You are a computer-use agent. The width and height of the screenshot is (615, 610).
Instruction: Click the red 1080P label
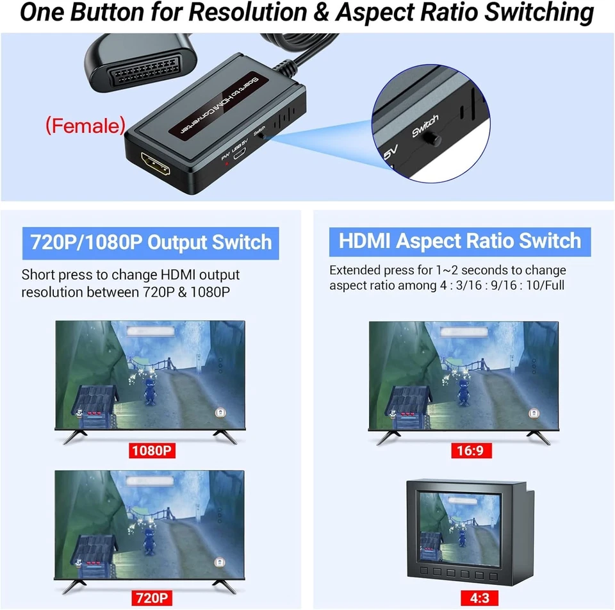[152, 450]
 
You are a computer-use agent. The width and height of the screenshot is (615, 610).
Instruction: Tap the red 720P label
[152, 598]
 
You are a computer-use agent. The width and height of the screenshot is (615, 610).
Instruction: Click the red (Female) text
[85, 126]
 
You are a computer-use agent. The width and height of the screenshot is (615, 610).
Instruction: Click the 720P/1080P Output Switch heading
[151, 243]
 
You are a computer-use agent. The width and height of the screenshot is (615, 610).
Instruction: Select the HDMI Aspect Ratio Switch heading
[459, 241]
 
